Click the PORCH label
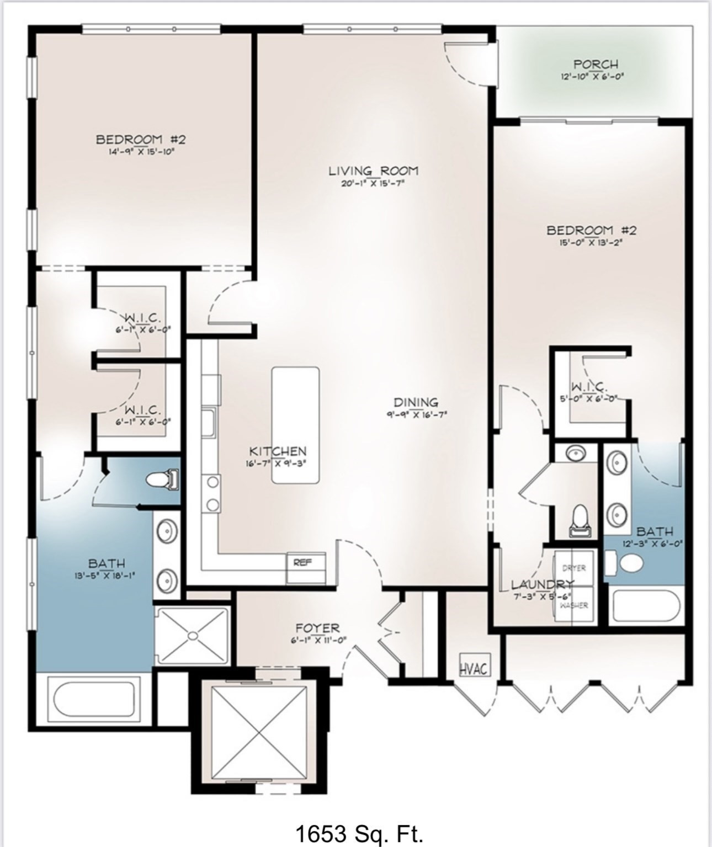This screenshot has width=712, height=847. pyautogui.click(x=596, y=65)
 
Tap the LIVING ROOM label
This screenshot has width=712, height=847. pyautogui.click(x=374, y=171)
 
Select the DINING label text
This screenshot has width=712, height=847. pyautogui.click(x=416, y=402)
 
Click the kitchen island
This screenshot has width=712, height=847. pyautogui.click(x=295, y=425)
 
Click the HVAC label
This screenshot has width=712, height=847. pyautogui.click(x=474, y=669)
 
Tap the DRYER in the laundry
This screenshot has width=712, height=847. pyautogui.click(x=574, y=568)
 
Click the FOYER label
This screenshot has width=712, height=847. pyautogui.click(x=317, y=628)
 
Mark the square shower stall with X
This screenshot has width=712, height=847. pyautogui.click(x=192, y=636)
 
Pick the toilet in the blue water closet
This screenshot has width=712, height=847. pyautogui.click(x=163, y=479)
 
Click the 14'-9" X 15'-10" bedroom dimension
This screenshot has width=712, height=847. pyautogui.click(x=141, y=150)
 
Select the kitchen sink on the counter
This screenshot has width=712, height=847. pyautogui.click(x=209, y=423)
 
